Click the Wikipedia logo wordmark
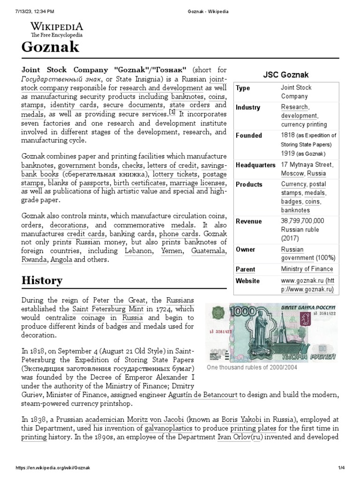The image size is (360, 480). (57, 26)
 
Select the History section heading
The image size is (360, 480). (42, 280)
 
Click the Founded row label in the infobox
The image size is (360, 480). (249, 135)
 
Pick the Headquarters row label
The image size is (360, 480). (255, 165)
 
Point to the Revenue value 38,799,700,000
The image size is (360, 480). (302, 221)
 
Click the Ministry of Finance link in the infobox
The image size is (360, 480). (307, 269)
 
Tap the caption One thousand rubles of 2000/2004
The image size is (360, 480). (252, 367)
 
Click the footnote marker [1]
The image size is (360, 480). (172, 113)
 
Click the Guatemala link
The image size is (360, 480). (209, 251)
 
